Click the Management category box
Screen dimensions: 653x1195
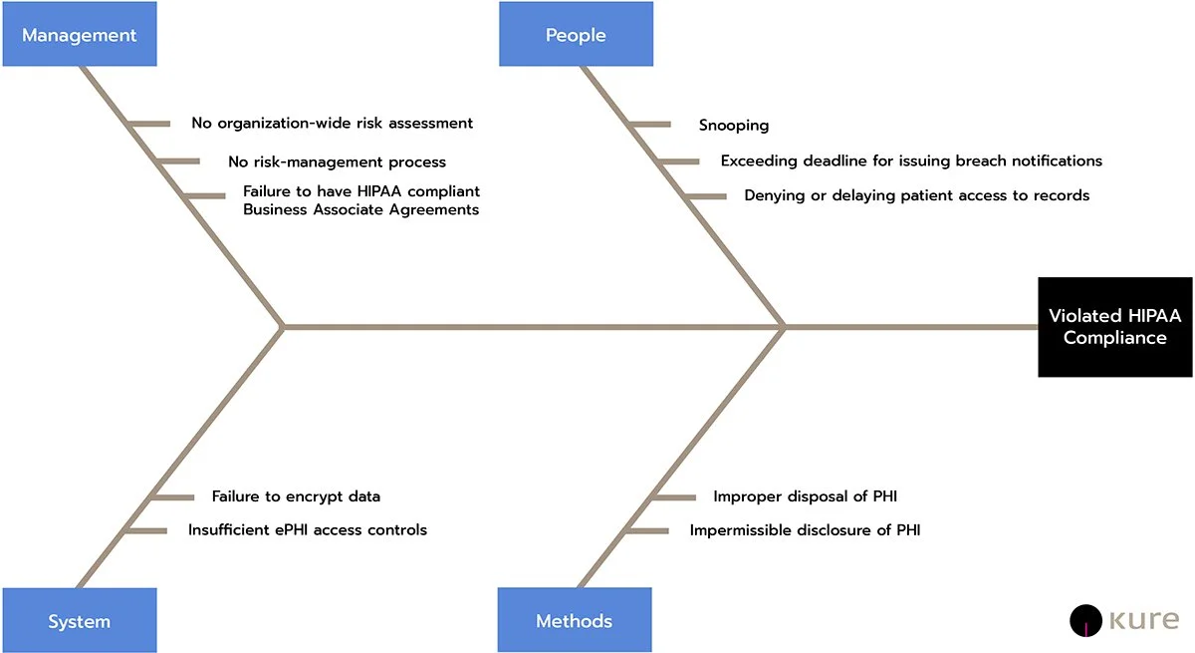pyautogui.click(x=79, y=35)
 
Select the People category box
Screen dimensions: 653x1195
pyautogui.click(x=576, y=35)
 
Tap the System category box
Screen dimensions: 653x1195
pyautogui.click(x=79, y=621)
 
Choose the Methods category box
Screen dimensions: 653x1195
pyautogui.click(x=575, y=621)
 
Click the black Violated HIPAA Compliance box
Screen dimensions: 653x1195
pyautogui.click(x=1114, y=327)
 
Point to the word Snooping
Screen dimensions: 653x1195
pyautogui.click(x=734, y=126)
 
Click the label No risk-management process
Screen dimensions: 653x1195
pyautogui.click(x=337, y=162)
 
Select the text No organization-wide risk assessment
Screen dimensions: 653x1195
pyautogui.click(x=332, y=124)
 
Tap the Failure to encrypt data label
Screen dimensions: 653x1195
pyautogui.click(x=296, y=495)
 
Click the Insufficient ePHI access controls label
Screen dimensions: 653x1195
pyautogui.click(x=308, y=529)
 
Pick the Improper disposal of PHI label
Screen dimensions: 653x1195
pyautogui.click(x=806, y=495)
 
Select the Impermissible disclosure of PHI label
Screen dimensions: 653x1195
pyautogui.click(x=805, y=530)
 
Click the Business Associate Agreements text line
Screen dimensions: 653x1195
pyautogui.click(x=360, y=209)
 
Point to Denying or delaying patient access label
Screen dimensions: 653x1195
pyautogui.click(x=916, y=195)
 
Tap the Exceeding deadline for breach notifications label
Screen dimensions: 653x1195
pyautogui.click(x=911, y=161)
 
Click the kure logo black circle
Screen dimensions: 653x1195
pyautogui.click(x=1084, y=620)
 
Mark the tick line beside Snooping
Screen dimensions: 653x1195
pyautogui.click(x=650, y=125)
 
